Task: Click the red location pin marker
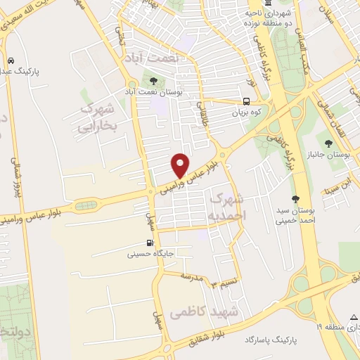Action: pyautogui.click(x=181, y=165)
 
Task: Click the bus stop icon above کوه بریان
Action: pyautogui.click(x=247, y=101)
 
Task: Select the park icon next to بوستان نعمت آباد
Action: pyautogui.click(x=154, y=81)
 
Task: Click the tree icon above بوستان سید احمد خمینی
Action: pyautogui.click(x=296, y=198)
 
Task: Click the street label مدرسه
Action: pyautogui.click(x=191, y=276)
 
